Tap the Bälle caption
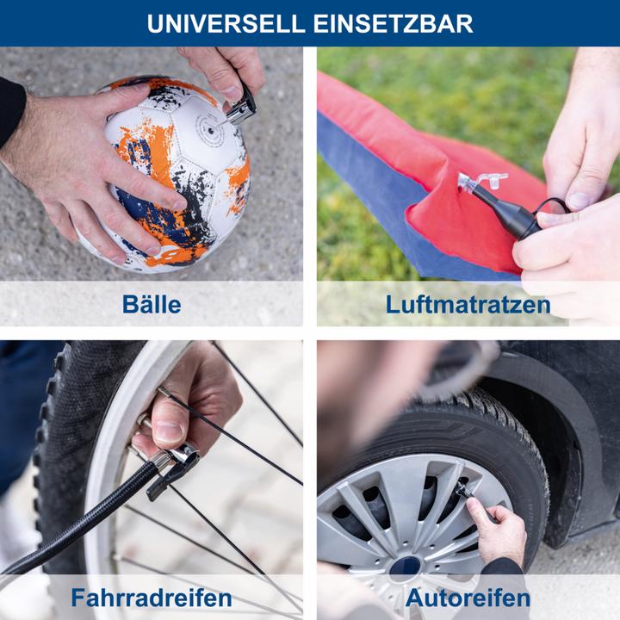click(x=152, y=304)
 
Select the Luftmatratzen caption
click(x=468, y=304)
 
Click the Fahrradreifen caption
click(x=152, y=597)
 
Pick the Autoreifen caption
click(x=468, y=597)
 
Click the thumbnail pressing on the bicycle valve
click(x=169, y=431)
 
